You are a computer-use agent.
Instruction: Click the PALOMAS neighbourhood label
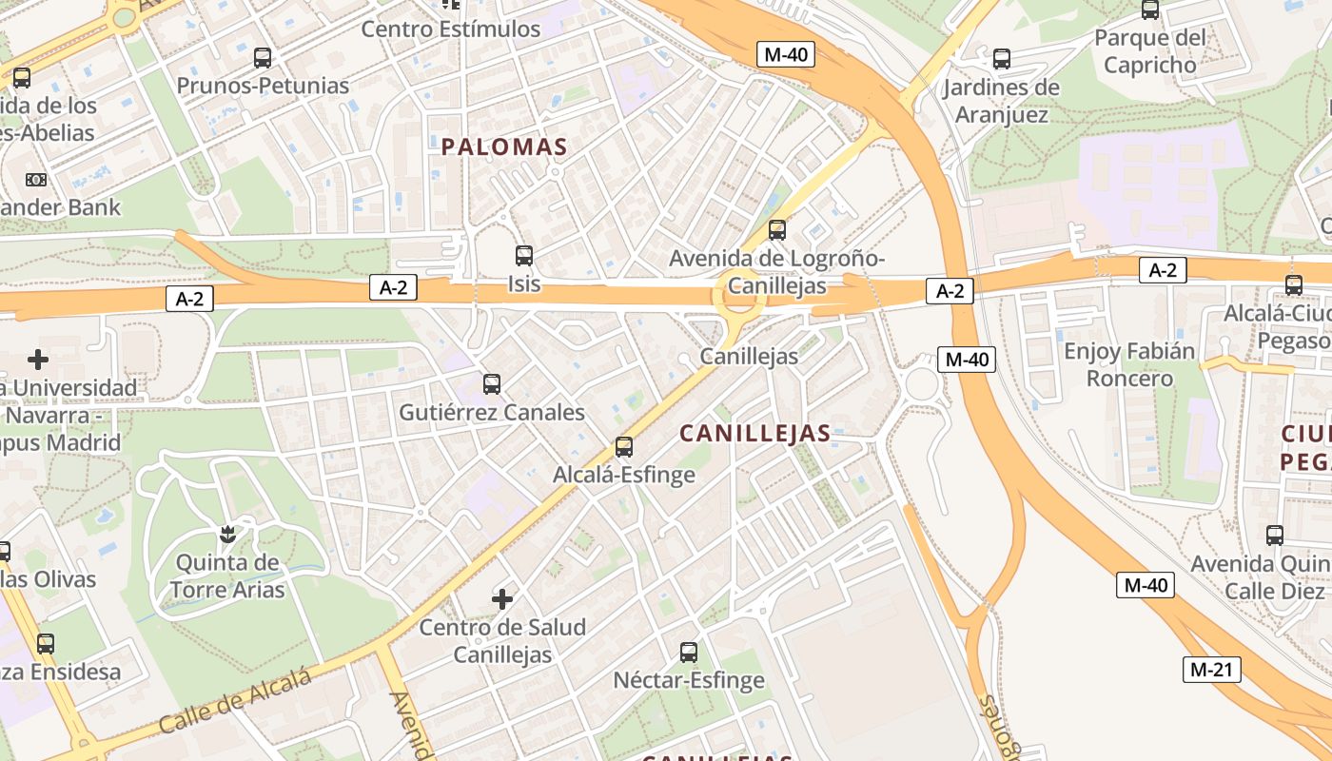coord(503,147)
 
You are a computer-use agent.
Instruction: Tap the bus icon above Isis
coord(524,256)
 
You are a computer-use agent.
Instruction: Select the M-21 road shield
coord(1212,670)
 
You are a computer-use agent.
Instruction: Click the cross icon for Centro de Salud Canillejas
coord(502,599)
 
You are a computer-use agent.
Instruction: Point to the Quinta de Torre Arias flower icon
coord(227,535)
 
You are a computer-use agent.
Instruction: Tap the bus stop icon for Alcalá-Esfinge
coord(624,446)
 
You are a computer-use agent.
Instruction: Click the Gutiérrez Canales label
coord(491,413)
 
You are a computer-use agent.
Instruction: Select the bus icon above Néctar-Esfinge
coord(689,653)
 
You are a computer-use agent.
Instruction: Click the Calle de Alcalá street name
coord(235,701)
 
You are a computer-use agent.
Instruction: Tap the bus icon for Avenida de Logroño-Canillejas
coord(777,229)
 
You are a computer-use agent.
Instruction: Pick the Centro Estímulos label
coord(451,29)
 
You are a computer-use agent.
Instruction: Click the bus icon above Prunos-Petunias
coord(263,58)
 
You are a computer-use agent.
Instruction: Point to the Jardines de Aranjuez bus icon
coord(1002,59)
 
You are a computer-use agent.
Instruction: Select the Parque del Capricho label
coord(1149,51)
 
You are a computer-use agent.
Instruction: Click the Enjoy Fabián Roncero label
coord(1129,364)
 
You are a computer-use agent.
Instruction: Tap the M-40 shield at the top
coord(786,54)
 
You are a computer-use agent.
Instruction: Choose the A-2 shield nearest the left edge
coord(189,299)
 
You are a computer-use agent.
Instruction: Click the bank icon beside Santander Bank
coord(36,179)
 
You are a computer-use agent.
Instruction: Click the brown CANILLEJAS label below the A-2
coord(755,434)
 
